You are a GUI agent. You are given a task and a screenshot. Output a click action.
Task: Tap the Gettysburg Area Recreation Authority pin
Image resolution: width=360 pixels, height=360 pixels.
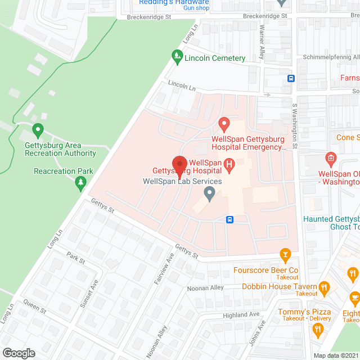click(38, 130)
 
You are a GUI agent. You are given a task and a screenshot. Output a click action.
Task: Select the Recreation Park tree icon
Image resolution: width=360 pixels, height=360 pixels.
click(81, 182)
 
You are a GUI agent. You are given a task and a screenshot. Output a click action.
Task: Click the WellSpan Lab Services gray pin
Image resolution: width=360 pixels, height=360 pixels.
click(210, 194)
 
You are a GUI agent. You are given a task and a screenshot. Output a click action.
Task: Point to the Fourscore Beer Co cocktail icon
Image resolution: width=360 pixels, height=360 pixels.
click(285, 256)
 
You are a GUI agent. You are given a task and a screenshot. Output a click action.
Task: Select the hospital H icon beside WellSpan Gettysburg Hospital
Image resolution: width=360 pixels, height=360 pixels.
click(229, 164)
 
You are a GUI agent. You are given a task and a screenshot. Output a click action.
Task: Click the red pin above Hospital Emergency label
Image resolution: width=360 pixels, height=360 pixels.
click(224, 124)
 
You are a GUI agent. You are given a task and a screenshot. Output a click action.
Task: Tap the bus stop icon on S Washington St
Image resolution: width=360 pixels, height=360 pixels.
click(291, 78)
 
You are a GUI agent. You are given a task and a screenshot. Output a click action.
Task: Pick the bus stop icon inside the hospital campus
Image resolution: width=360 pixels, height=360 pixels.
click(229, 219)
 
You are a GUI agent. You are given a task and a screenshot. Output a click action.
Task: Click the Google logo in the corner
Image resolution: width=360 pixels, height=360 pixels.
click(18, 353)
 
